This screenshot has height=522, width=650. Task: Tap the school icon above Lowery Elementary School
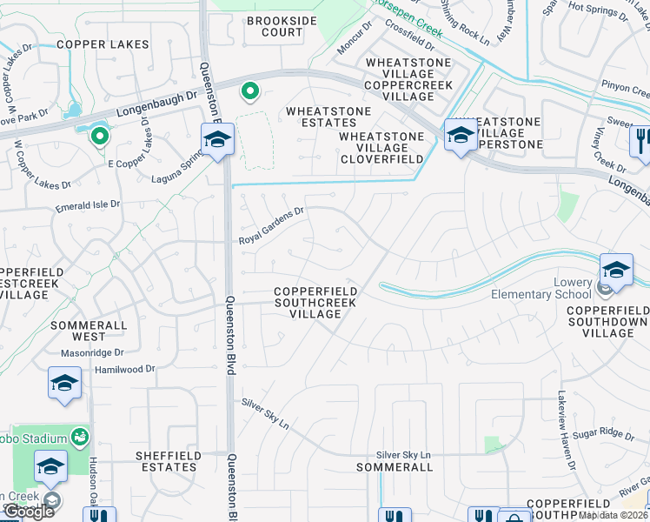[616, 270]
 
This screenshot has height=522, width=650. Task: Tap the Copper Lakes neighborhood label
[103, 43]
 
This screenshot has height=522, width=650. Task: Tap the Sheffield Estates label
[166, 461]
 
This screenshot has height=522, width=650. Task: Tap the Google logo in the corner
[28, 511]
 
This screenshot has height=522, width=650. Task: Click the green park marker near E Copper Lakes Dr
[100, 135]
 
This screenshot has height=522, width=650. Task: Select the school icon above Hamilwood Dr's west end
[64, 383]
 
